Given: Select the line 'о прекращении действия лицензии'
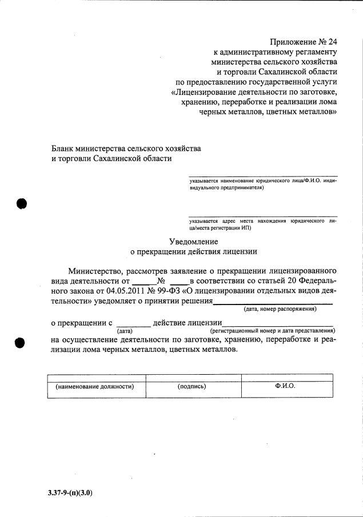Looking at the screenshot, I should click(x=194, y=251).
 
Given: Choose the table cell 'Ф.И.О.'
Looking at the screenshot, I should click(x=285, y=386).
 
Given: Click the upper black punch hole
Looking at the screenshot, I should click(x=22, y=204).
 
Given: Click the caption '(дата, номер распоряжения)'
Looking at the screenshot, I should click(x=280, y=309).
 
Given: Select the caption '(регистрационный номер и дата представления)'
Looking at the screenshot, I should click(x=272, y=331).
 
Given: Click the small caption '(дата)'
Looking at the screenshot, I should click(x=125, y=331).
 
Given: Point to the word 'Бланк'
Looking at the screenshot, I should click(x=63, y=148).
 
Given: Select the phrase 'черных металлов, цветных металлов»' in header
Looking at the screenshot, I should click(x=268, y=113).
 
